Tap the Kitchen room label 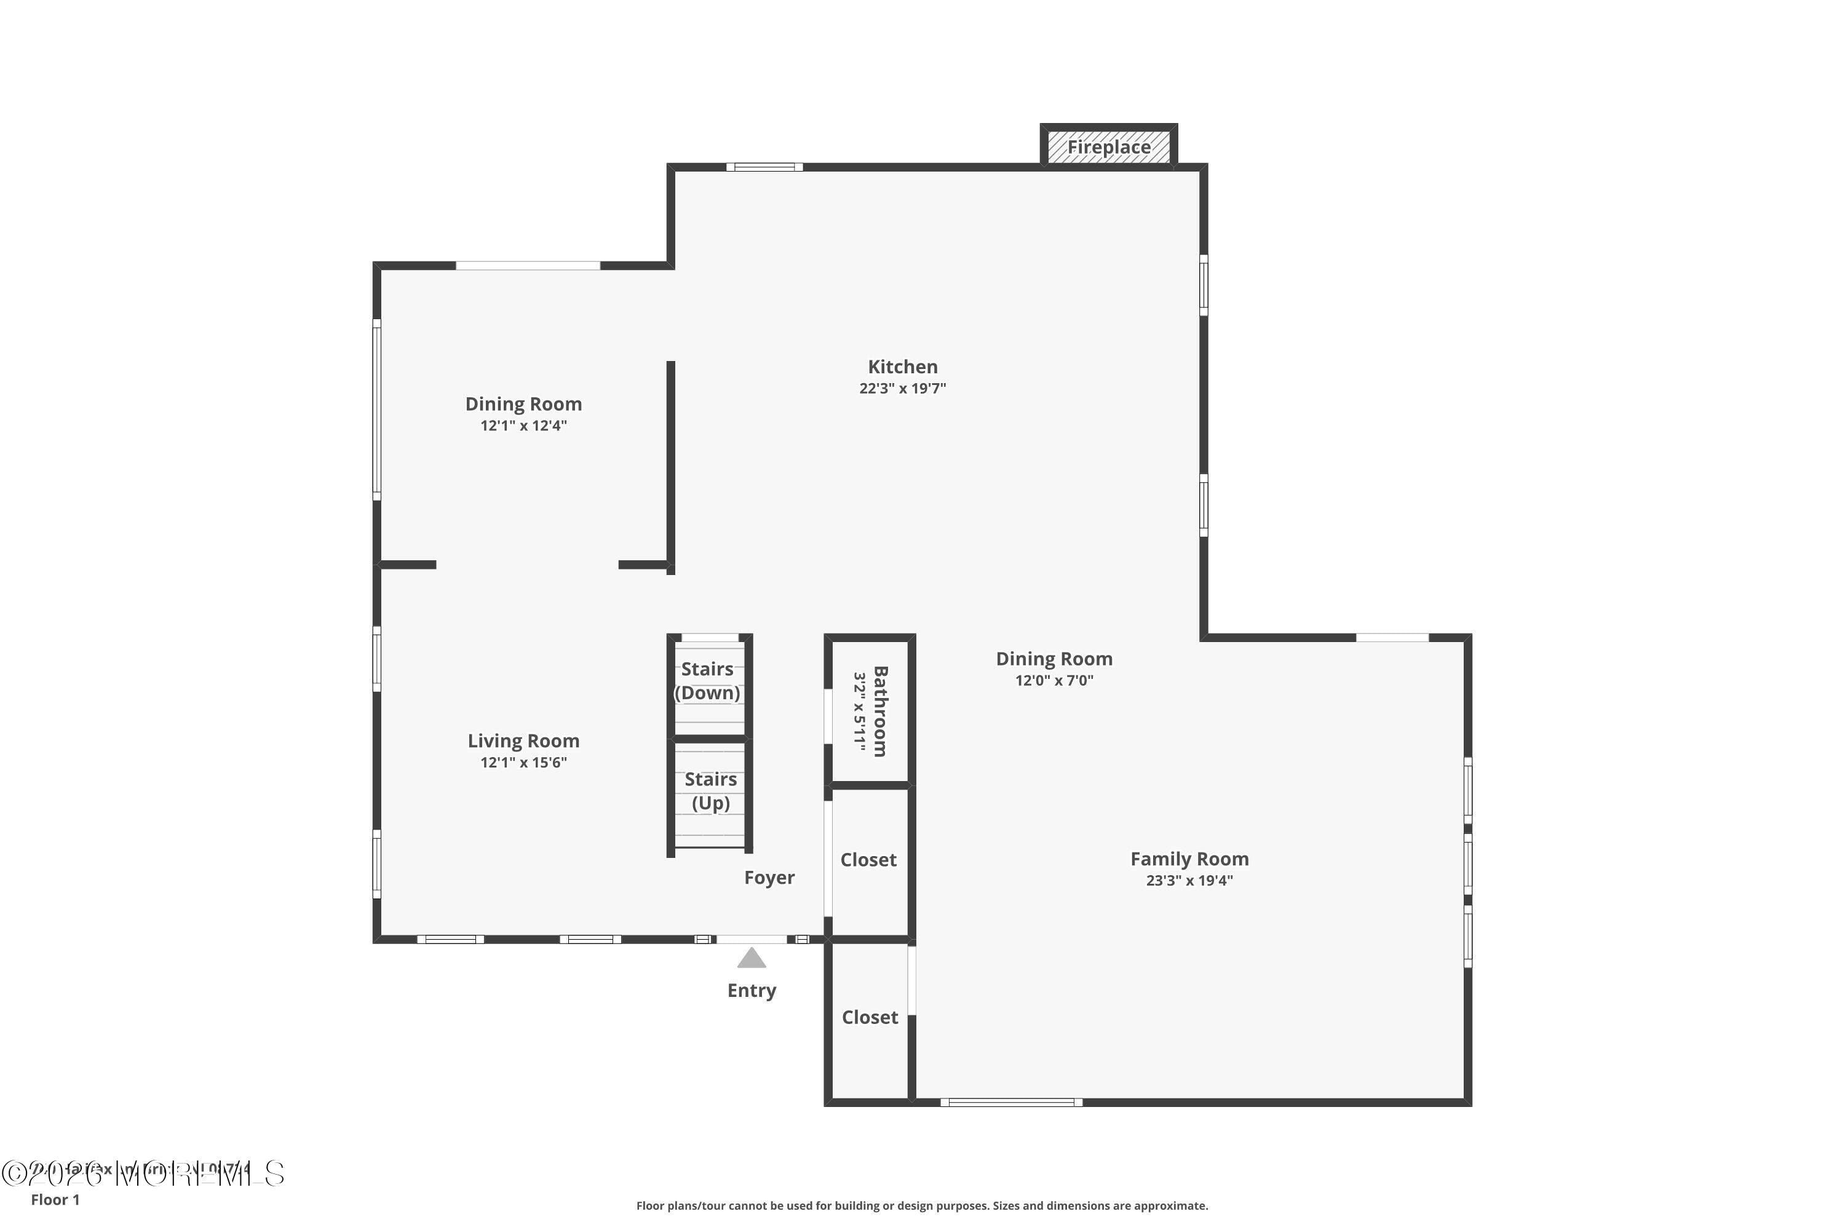[902, 367]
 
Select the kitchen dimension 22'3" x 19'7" [902, 388]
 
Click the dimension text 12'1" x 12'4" [523, 425]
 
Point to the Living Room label [523, 740]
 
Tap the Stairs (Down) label [708, 680]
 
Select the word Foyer [769, 877]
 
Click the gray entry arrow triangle [752, 959]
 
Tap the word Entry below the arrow [752, 990]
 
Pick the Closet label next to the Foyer [868, 860]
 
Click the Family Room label [1189, 859]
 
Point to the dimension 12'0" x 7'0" [1054, 680]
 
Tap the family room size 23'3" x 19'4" [1189, 880]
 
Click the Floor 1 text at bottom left [55, 1199]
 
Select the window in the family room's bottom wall [1011, 1102]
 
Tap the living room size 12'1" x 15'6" [523, 763]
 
